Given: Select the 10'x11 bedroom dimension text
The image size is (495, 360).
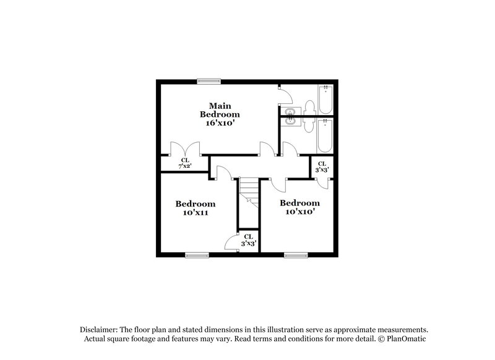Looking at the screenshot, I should [195, 213].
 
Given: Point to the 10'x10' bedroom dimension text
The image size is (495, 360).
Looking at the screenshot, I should [299, 212].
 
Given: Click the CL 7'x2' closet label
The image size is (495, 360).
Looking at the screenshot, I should [184, 163].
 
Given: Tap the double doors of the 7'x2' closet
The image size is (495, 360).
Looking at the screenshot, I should [184, 148].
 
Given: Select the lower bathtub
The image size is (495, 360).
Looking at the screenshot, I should [325, 135].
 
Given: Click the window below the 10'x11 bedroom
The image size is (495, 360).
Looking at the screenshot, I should [197, 255].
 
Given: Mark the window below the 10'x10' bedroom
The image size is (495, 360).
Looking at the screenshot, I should [296, 255].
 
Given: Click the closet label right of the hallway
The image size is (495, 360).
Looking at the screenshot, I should [322, 166].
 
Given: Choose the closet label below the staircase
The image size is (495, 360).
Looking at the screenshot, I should [248, 240].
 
